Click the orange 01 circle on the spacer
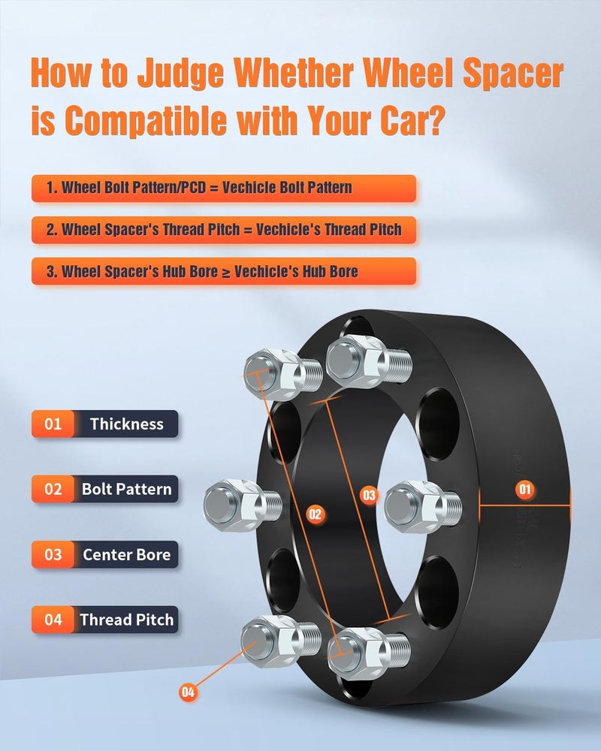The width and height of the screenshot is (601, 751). tap(524, 490)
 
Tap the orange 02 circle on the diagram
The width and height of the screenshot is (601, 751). tap(315, 514)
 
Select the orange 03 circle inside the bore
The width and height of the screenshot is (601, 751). tap(369, 495)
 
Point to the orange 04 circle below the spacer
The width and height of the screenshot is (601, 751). tap(189, 692)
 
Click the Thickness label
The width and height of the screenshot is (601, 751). tap(126, 424)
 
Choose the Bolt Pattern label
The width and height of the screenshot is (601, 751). tap(126, 490)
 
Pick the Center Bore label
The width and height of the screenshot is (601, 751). tap(126, 555)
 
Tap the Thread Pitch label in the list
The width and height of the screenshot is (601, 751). tap(126, 620)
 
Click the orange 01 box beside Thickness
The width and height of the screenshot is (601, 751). tap(53, 424)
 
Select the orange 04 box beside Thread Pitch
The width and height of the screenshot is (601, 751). tap(53, 620)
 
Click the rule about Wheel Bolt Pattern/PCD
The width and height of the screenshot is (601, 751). tap(224, 188)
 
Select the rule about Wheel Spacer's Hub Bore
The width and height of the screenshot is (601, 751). tap(224, 271)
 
